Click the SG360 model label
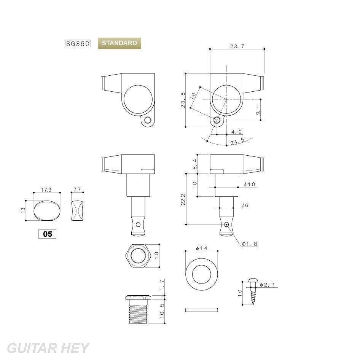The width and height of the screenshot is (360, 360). (78, 43)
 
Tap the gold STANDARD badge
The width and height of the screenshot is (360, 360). (119, 43)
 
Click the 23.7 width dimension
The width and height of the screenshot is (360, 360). (237, 46)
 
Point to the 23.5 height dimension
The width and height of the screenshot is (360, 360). (183, 100)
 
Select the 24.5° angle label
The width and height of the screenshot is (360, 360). (238, 141)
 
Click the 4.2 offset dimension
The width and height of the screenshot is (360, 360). (236, 132)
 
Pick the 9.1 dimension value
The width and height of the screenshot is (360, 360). (258, 110)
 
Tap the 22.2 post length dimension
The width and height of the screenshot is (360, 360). (183, 200)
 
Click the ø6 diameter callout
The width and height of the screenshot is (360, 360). (245, 205)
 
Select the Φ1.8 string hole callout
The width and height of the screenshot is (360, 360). (249, 244)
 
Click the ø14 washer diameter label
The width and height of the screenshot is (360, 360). (202, 248)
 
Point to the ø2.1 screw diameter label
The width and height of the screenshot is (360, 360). (268, 285)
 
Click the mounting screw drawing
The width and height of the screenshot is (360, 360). (253, 292)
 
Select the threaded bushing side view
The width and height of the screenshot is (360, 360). (138, 309)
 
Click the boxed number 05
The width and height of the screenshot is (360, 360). (48, 234)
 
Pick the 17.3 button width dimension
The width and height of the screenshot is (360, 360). (46, 190)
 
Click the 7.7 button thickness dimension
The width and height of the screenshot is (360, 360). (77, 190)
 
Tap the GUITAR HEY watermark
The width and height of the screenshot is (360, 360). (48, 348)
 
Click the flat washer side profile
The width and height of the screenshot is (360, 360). (202, 310)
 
